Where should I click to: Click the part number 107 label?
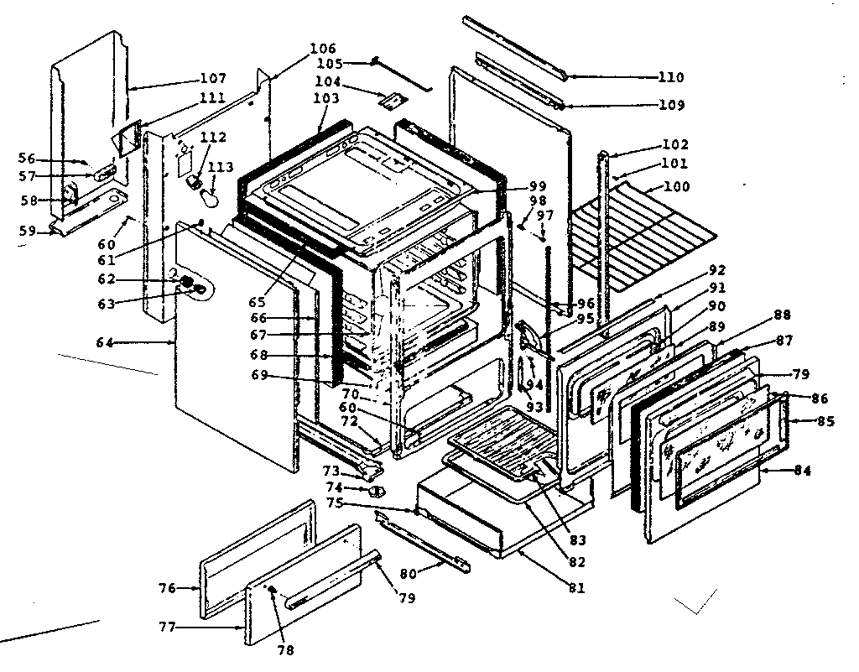213,79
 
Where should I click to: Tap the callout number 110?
671,77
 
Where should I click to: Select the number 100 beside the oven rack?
676,186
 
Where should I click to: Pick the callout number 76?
166,588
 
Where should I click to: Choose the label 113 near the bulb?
221,166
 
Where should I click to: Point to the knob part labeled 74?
377,490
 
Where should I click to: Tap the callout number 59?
27,230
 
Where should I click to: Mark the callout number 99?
537,185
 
